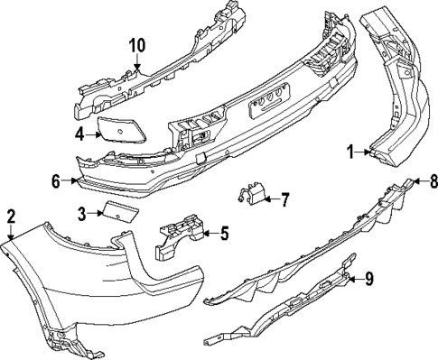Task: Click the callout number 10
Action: [x=136, y=45]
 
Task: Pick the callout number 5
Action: [x=224, y=235]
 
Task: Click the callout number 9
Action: [x=368, y=279]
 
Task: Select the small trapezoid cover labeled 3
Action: [x=117, y=212]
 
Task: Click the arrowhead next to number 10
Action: [x=136, y=65]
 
